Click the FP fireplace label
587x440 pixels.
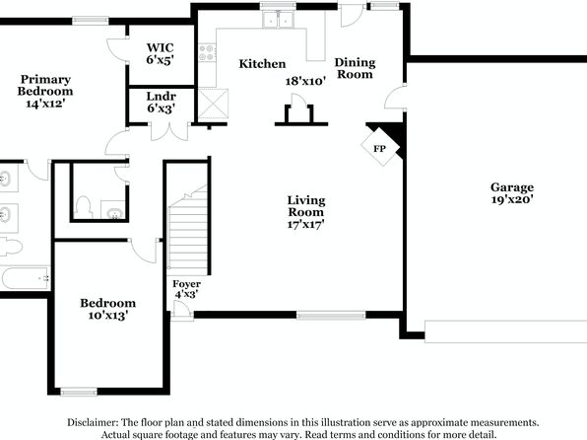pos(379,149)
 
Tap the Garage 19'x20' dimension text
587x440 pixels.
pos(512,199)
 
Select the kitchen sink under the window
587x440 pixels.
pos(278,20)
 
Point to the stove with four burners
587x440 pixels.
pos(207,52)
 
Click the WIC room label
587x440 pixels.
pos(160,47)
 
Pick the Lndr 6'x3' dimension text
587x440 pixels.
pos(161,109)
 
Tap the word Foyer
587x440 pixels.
pos(186,284)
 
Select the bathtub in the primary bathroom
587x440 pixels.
pos(25,278)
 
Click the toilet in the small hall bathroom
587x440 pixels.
pos(84,207)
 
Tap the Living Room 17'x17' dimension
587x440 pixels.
pos(305,224)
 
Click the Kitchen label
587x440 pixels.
pos(262,64)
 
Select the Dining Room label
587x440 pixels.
pos(355,68)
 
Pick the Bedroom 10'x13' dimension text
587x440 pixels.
pos(108,315)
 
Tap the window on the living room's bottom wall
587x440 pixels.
pos(331,315)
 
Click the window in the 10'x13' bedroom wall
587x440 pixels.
pos(79,392)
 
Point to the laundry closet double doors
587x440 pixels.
pos(169,131)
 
